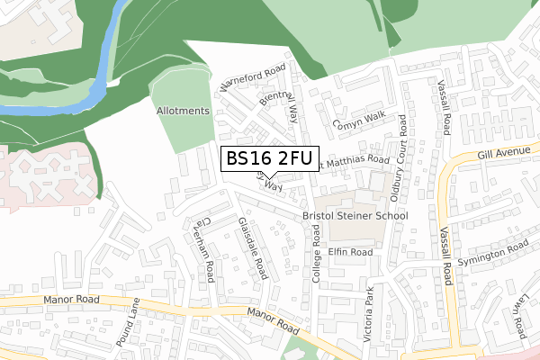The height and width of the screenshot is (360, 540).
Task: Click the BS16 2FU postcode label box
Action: point(268,158)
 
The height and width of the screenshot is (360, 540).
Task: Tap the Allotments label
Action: point(183,111)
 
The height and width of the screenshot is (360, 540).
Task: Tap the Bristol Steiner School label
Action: point(355,216)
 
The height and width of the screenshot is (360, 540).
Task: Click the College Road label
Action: point(316,256)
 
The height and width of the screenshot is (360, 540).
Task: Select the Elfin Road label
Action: point(350,253)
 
